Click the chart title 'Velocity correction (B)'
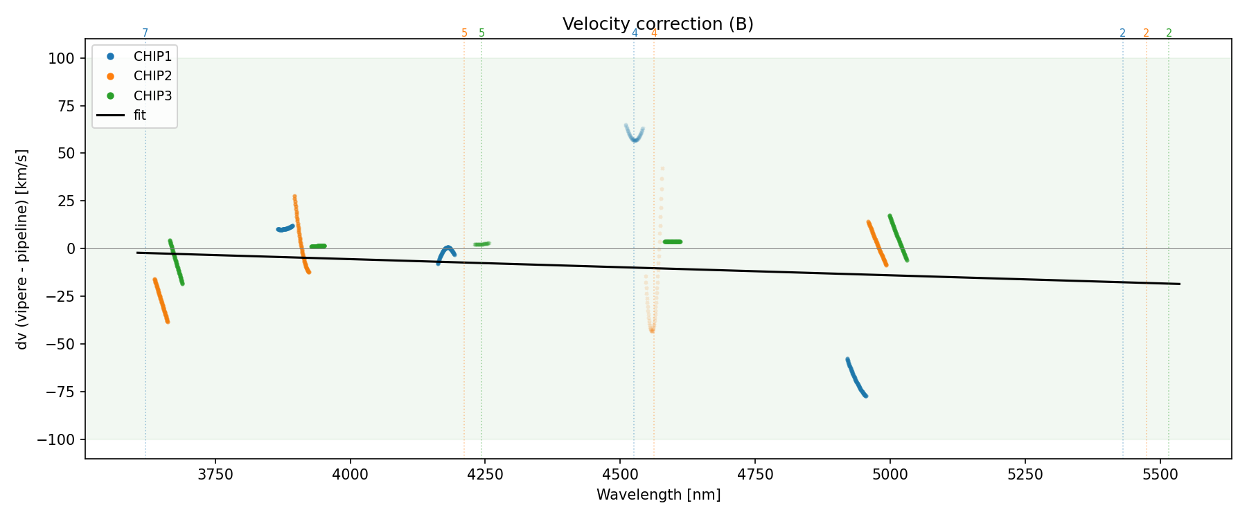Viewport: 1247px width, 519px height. [x=657, y=24]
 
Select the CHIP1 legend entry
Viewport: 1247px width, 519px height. [x=152, y=57]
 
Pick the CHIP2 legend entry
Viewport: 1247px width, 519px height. [x=152, y=76]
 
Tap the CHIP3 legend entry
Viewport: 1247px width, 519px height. [x=152, y=95]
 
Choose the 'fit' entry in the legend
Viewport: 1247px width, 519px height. [x=139, y=116]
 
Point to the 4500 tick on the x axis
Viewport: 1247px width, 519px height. [x=620, y=475]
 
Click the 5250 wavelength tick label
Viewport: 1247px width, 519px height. [x=1025, y=475]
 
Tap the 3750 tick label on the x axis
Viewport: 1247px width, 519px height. [x=215, y=475]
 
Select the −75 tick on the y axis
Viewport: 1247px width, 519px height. [x=60, y=392]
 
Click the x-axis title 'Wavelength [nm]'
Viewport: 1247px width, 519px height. [x=658, y=495]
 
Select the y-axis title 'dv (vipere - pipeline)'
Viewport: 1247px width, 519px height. [x=22, y=249]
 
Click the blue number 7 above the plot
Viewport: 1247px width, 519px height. [x=145, y=33]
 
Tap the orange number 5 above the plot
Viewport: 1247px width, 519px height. [x=464, y=33]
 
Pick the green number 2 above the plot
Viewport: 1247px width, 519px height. [x=1169, y=33]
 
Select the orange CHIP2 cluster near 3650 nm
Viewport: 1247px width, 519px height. [x=161, y=300]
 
